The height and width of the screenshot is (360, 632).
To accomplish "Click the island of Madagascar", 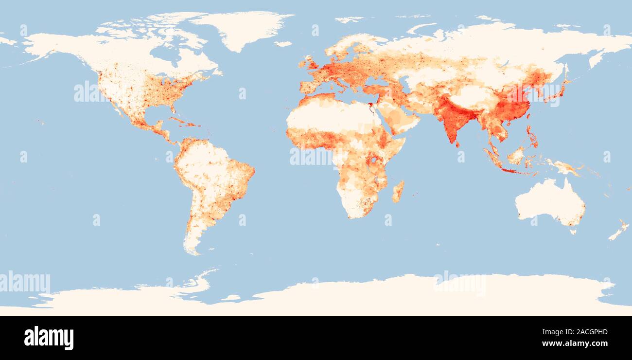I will tap(398, 191).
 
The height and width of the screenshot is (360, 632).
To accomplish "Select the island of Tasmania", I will tap(573, 231).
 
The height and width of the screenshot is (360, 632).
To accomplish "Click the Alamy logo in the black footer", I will tap(49, 338).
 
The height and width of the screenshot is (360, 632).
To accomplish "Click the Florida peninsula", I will tap(172, 108).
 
